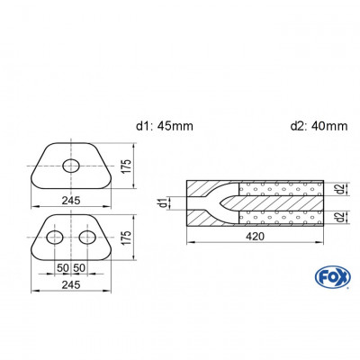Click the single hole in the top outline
(x=71, y=163)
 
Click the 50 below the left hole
(x=63, y=268)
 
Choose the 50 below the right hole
(x=81, y=268)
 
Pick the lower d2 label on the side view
(x=337, y=217)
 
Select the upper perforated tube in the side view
(x=279, y=187)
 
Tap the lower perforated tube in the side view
(x=279, y=217)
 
